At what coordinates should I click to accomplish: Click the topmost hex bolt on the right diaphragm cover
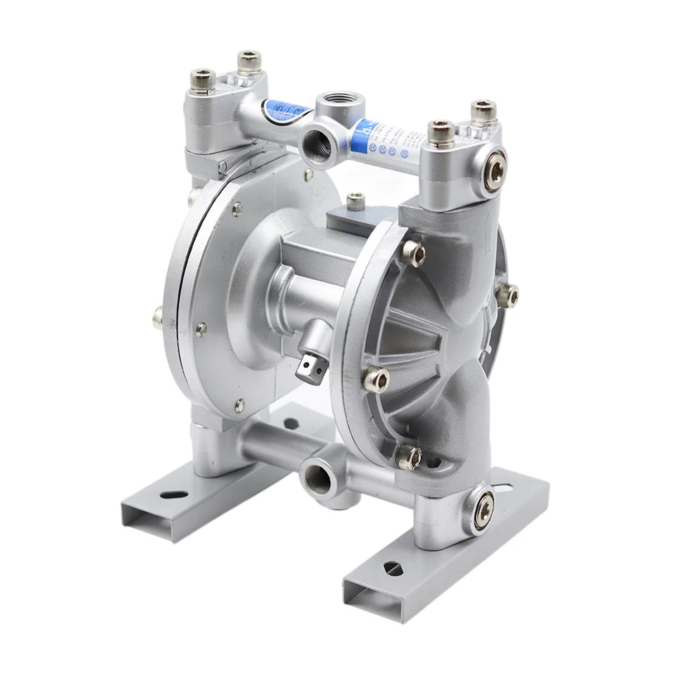tap(414, 253)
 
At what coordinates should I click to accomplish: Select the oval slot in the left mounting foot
tap(174, 495)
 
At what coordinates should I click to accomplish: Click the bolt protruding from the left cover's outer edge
tap(158, 319)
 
